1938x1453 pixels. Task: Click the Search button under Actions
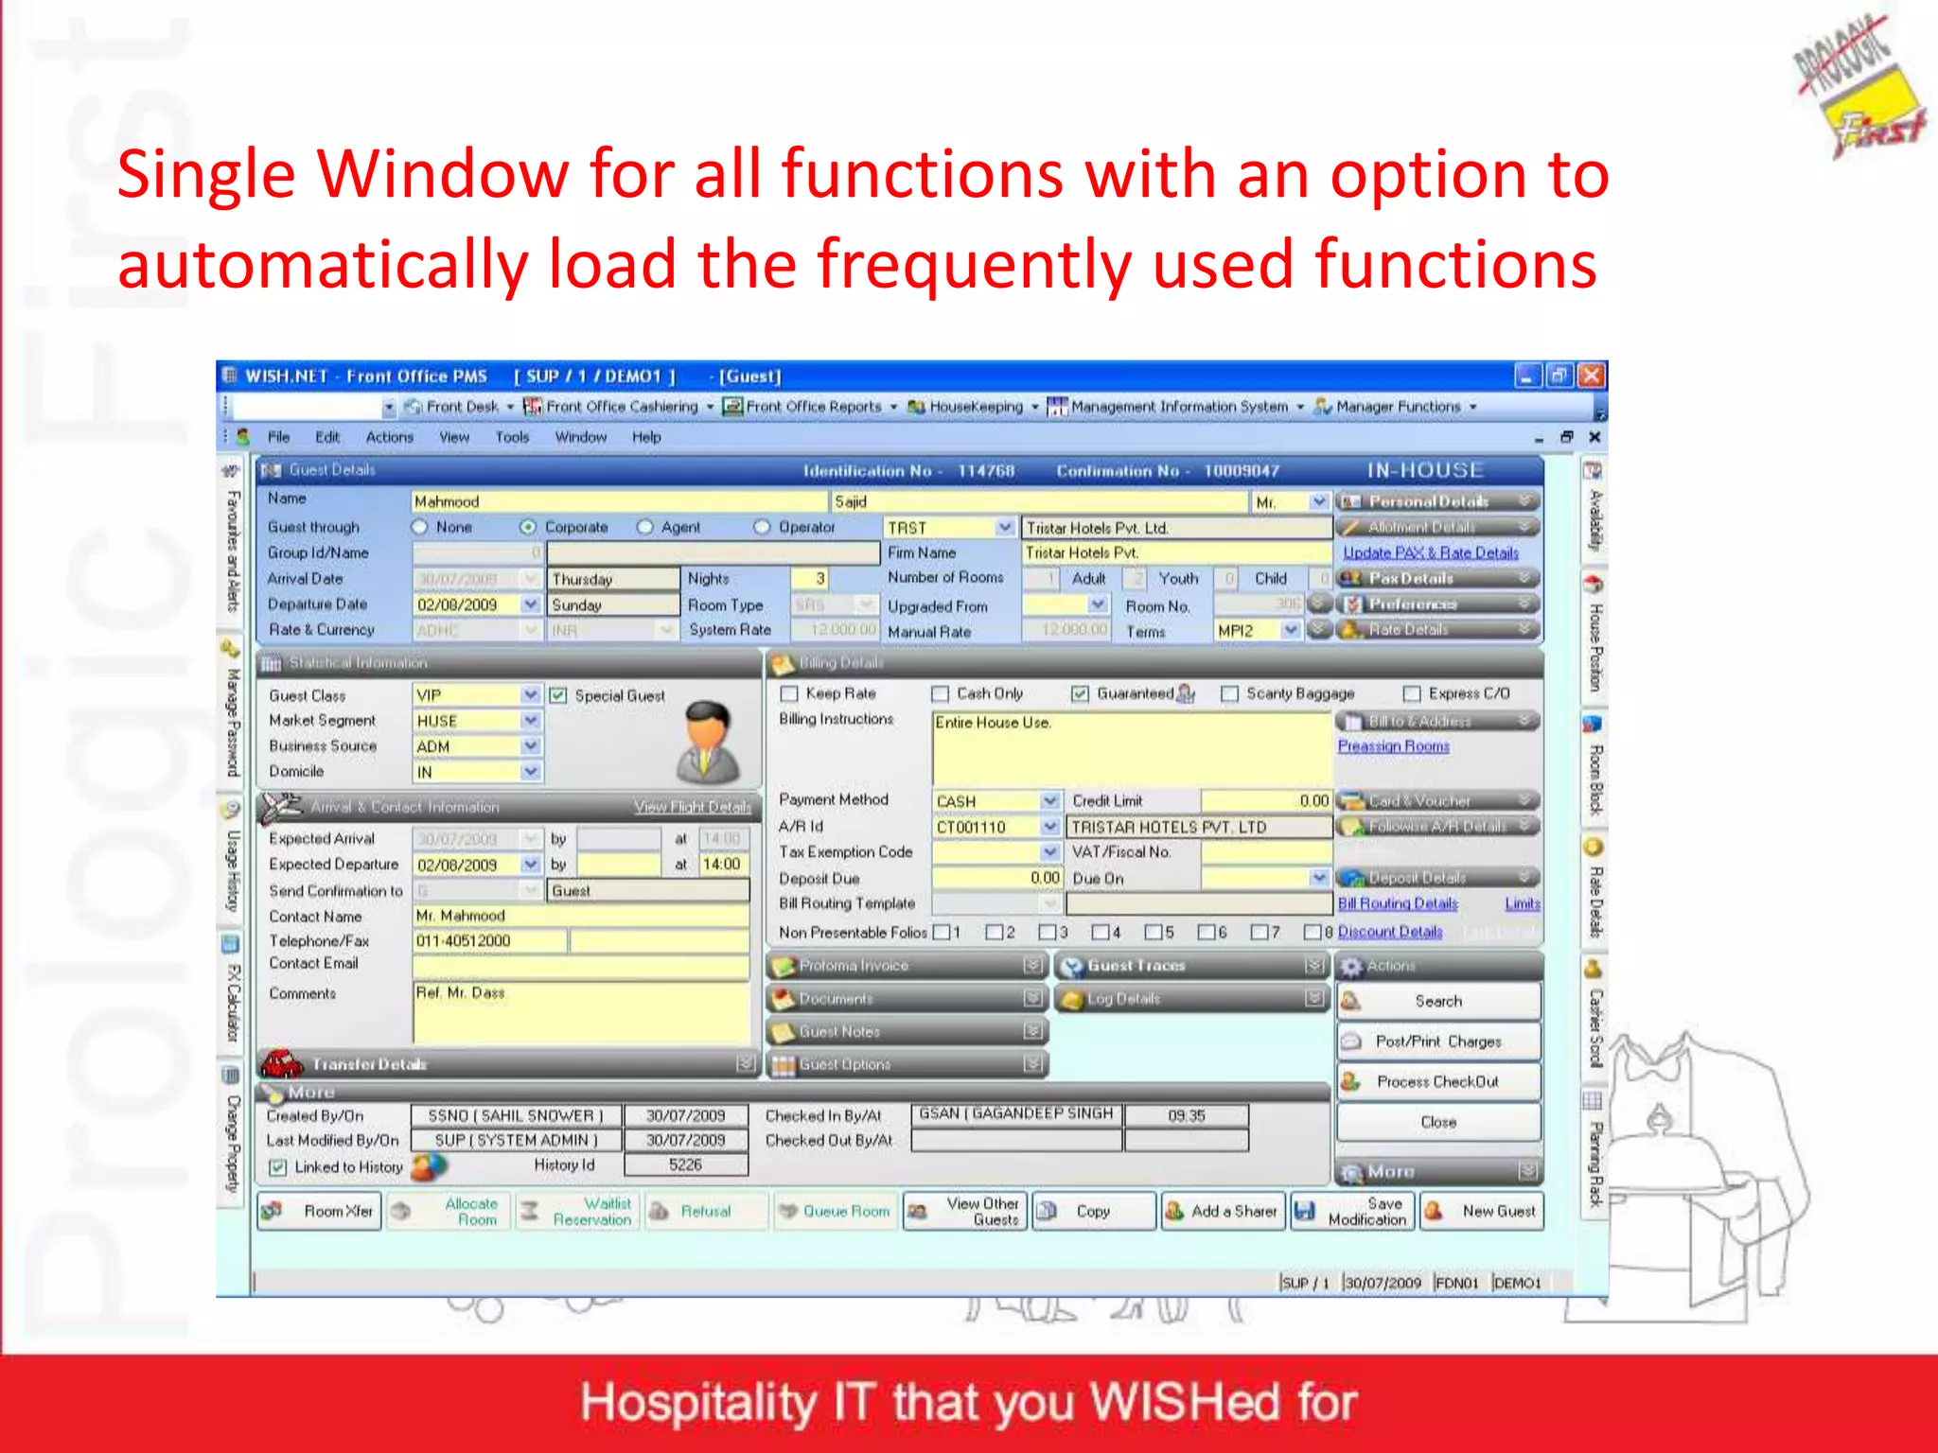click(x=1437, y=1001)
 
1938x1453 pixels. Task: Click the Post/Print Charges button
click(x=1437, y=1042)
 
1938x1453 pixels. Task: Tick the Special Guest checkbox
click(x=558, y=695)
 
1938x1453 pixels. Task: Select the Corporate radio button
click(x=528, y=527)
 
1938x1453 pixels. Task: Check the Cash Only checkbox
click(x=940, y=694)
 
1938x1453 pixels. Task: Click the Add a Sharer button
click(x=1223, y=1211)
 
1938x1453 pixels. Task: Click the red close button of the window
click(x=1593, y=376)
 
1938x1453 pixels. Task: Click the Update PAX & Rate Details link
click(x=1430, y=552)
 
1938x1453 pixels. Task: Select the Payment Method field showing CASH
click(x=987, y=801)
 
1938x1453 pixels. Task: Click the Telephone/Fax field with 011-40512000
click(x=490, y=940)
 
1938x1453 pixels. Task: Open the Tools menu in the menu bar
click(x=512, y=437)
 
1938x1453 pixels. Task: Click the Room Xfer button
click(x=320, y=1211)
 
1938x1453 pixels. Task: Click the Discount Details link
click(x=1390, y=932)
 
